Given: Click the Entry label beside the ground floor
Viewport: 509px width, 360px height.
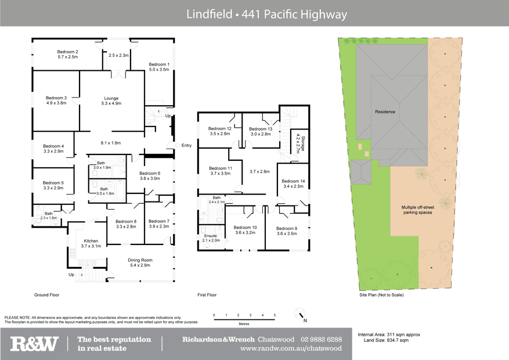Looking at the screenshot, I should [186, 146].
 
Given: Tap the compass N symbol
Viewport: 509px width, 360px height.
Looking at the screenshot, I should [302, 317].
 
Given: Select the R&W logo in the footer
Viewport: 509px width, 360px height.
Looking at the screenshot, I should [35, 344].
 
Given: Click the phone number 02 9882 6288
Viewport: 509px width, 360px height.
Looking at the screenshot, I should [322, 340].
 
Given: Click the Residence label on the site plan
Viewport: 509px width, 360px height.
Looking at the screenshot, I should [385, 111].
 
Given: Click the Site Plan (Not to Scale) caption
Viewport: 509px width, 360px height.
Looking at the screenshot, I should [382, 295].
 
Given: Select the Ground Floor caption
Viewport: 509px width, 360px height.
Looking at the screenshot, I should [46, 295].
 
